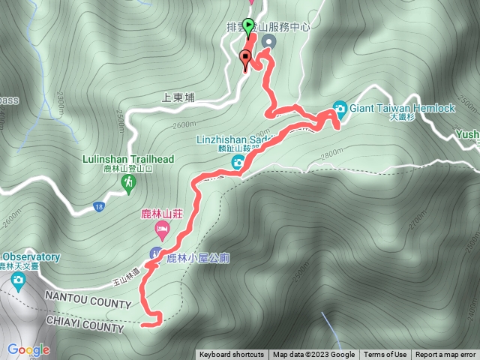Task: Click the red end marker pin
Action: click(x=245, y=59)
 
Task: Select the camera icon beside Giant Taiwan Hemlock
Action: click(x=340, y=109)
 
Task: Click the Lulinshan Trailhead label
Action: click(x=129, y=159)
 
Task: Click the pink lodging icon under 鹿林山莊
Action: click(x=161, y=227)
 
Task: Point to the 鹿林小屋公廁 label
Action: click(x=198, y=258)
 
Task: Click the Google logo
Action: click(x=29, y=349)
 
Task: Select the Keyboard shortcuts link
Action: click(x=232, y=355)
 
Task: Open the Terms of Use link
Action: click(x=385, y=355)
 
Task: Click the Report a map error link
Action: click(x=446, y=355)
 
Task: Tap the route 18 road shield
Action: click(x=99, y=206)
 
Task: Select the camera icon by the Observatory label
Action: click(x=18, y=281)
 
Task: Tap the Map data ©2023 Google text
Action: click(x=314, y=355)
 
